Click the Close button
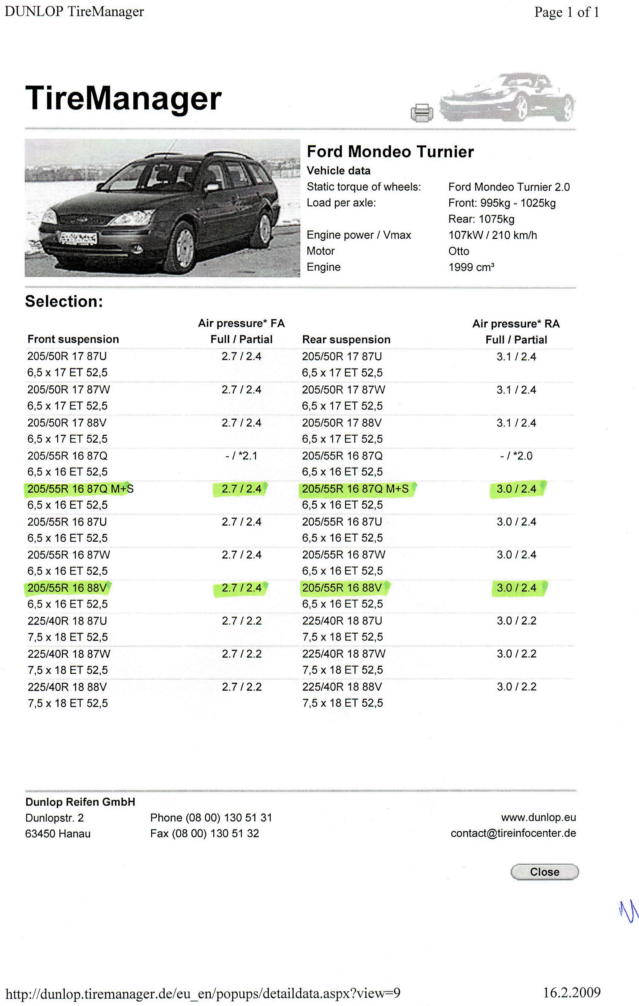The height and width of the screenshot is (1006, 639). click(545, 872)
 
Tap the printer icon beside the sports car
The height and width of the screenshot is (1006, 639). click(422, 113)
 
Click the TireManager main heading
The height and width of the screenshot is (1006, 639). click(123, 99)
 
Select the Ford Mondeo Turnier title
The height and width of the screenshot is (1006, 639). click(390, 152)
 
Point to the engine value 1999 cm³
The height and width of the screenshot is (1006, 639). click(471, 267)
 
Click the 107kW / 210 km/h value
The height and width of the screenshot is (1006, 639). click(493, 235)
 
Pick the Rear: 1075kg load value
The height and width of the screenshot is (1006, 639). click(481, 219)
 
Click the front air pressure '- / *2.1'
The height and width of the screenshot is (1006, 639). click(242, 456)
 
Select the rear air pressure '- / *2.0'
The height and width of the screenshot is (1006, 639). click(516, 456)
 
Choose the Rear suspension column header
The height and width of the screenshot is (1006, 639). click(346, 340)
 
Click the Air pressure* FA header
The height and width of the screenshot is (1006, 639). click(242, 323)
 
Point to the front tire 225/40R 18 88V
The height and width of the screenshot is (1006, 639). click(67, 687)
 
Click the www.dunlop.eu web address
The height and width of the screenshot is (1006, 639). click(538, 818)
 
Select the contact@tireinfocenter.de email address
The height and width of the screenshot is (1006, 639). click(513, 833)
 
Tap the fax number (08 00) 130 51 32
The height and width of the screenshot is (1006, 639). click(205, 833)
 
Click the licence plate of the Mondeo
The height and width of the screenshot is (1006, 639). click(78, 239)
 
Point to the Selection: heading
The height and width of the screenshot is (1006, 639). click(64, 302)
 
